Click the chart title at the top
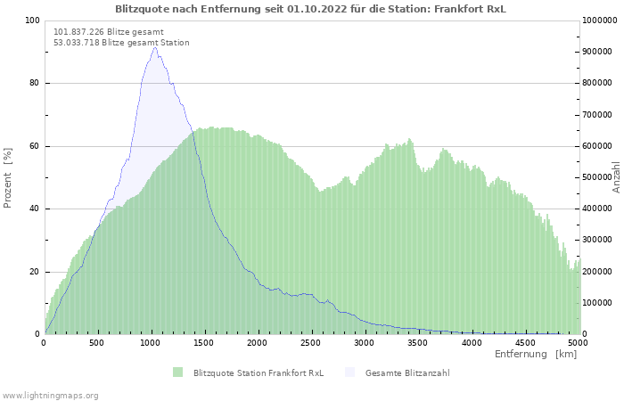coord(310,9)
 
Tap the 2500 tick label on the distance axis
coord(310,343)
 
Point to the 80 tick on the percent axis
coord(34,83)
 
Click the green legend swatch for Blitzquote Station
coord(178,372)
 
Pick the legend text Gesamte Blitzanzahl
coord(407,373)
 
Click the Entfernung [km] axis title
coord(536,354)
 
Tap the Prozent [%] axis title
coord(7,178)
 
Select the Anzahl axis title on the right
coord(617,177)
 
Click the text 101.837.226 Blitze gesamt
coord(109,32)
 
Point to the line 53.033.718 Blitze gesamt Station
coord(121,43)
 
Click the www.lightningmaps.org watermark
coord(50,396)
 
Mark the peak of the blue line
coord(155,47)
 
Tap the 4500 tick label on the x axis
coord(525,343)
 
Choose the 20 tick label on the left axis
coord(34,272)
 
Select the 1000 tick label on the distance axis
coord(150,343)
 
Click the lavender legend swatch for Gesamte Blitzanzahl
coord(349,372)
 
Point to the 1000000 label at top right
coord(600,20)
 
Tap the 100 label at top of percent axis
coord(32,20)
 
